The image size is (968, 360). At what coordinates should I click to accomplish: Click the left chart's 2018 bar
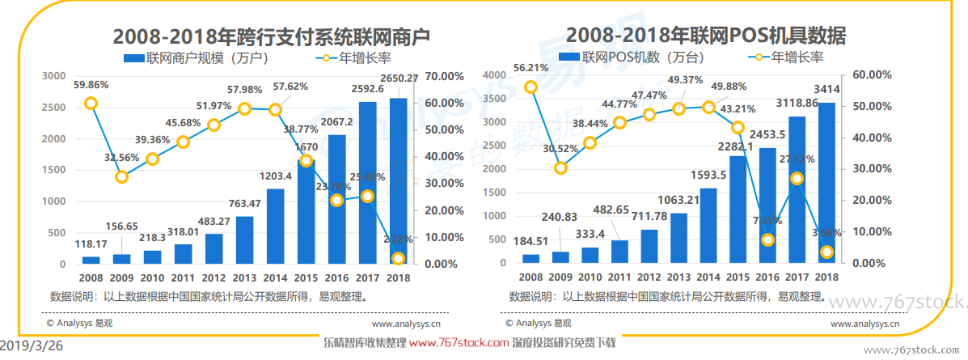click(398, 181)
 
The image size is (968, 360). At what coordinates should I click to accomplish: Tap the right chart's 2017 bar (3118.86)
click(797, 189)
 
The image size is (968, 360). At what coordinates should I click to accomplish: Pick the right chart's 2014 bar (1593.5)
click(708, 226)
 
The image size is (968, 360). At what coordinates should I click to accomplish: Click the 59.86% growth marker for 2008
click(91, 103)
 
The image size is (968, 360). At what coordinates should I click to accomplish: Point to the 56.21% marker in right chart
click(530, 87)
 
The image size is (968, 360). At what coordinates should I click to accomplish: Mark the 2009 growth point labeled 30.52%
click(560, 167)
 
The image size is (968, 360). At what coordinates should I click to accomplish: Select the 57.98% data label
click(244, 89)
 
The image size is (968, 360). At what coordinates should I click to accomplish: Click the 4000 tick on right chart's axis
click(493, 75)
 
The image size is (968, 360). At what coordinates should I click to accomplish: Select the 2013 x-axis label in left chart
click(244, 277)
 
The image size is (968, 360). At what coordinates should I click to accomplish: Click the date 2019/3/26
click(32, 345)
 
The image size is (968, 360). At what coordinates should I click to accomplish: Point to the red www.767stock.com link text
click(459, 343)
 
